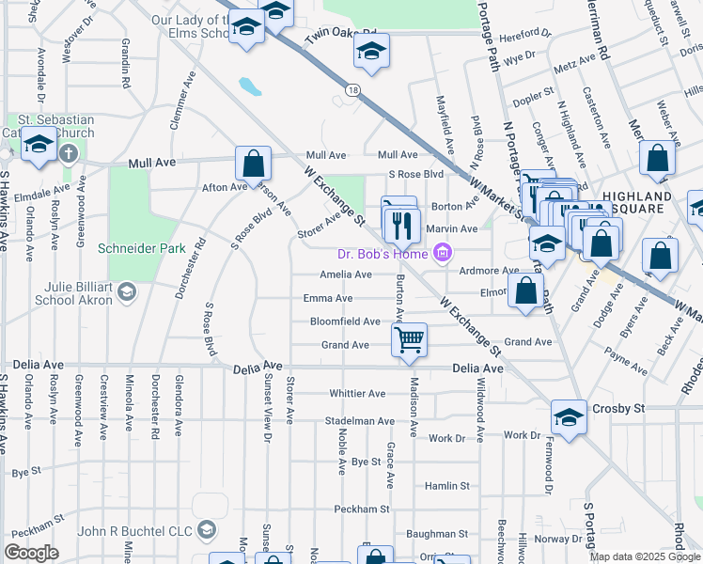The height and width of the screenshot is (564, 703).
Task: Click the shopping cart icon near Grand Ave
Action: (409, 339)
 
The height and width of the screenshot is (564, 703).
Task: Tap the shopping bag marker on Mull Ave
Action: (254, 164)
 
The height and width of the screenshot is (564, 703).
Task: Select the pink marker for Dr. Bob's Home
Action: (444, 252)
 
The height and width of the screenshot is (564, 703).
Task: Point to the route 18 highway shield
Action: (351, 90)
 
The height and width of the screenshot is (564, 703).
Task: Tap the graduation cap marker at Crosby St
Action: (569, 417)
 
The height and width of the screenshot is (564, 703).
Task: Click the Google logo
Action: (32, 553)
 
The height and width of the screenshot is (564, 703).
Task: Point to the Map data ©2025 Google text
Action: (644, 556)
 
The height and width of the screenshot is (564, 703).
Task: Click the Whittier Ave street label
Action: (357, 393)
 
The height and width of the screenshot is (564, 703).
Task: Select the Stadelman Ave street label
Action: (360, 420)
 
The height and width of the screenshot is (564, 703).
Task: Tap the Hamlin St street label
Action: (446, 486)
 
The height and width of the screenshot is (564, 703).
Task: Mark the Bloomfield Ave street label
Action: (345, 321)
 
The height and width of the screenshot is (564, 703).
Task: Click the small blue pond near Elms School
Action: (250, 87)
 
